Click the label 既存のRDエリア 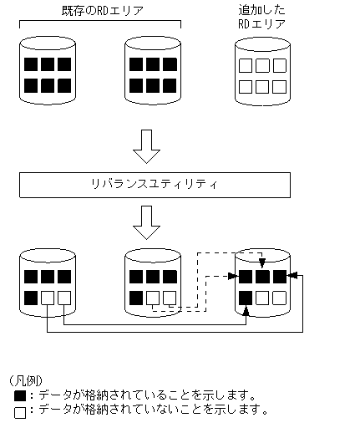coord(100,10)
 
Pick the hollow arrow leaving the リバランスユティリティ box coord(147,222)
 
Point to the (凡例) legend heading coord(27,380)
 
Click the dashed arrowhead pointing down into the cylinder coord(262,264)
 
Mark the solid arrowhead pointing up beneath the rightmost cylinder coord(246,311)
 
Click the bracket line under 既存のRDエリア coord(100,23)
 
